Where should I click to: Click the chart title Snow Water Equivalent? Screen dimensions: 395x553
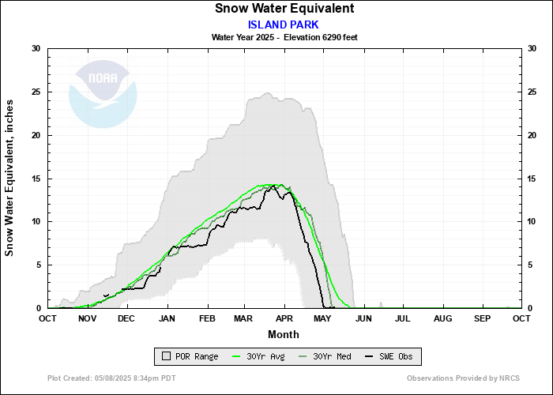(284, 9)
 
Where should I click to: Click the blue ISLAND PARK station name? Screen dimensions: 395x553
(284, 24)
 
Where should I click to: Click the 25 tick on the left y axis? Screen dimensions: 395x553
(36, 92)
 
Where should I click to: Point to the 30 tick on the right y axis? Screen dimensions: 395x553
(532, 49)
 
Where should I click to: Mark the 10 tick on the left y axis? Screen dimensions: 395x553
(36, 221)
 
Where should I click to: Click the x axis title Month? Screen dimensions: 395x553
(284, 334)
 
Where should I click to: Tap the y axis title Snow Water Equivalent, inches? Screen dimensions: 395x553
(10, 179)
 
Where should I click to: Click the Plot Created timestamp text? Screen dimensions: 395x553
(111, 379)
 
